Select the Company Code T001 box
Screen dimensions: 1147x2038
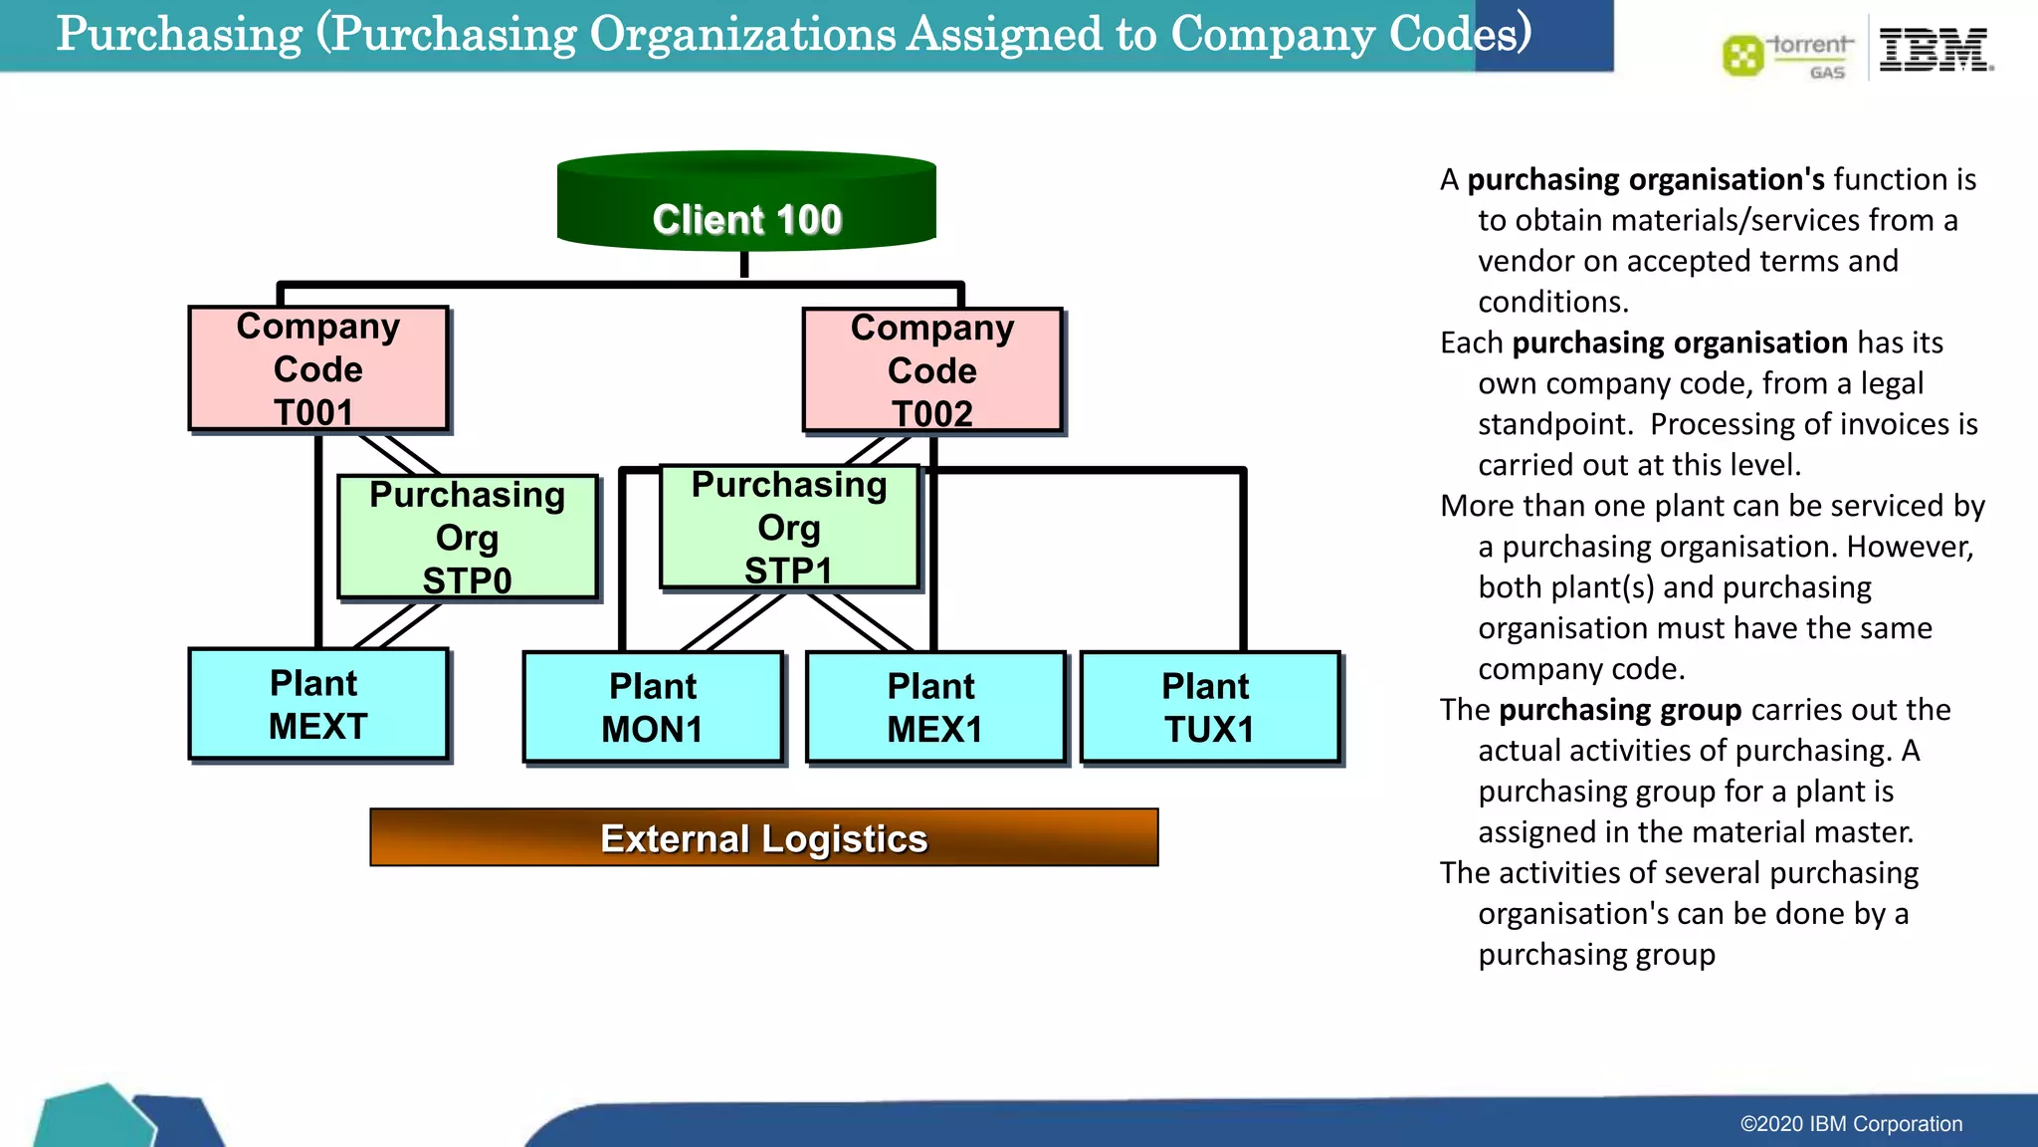(x=318, y=369)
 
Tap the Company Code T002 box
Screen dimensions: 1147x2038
(x=932, y=370)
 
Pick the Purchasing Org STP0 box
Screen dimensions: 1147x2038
(x=467, y=538)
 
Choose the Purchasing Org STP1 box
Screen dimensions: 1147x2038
(x=789, y=528)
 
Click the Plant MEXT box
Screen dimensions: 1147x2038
(x=318, y=705)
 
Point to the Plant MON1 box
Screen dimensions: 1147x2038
(x=653, y=708)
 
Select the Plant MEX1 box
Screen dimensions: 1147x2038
(x=934, y=708)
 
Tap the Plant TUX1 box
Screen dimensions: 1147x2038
(x=1209, y=708)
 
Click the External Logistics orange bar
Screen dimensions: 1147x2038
(x=763, y=838)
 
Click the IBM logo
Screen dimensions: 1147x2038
(x=1935, y=50)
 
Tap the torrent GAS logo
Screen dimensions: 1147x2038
(x=1788, y=56)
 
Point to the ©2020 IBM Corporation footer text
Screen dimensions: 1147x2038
(x=1851, y=1124)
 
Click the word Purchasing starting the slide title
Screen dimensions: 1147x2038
(x=179, y=35)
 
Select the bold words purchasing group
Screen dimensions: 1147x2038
(x=1619, y=710)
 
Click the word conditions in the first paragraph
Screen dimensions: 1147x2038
(x=1552, y=302)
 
